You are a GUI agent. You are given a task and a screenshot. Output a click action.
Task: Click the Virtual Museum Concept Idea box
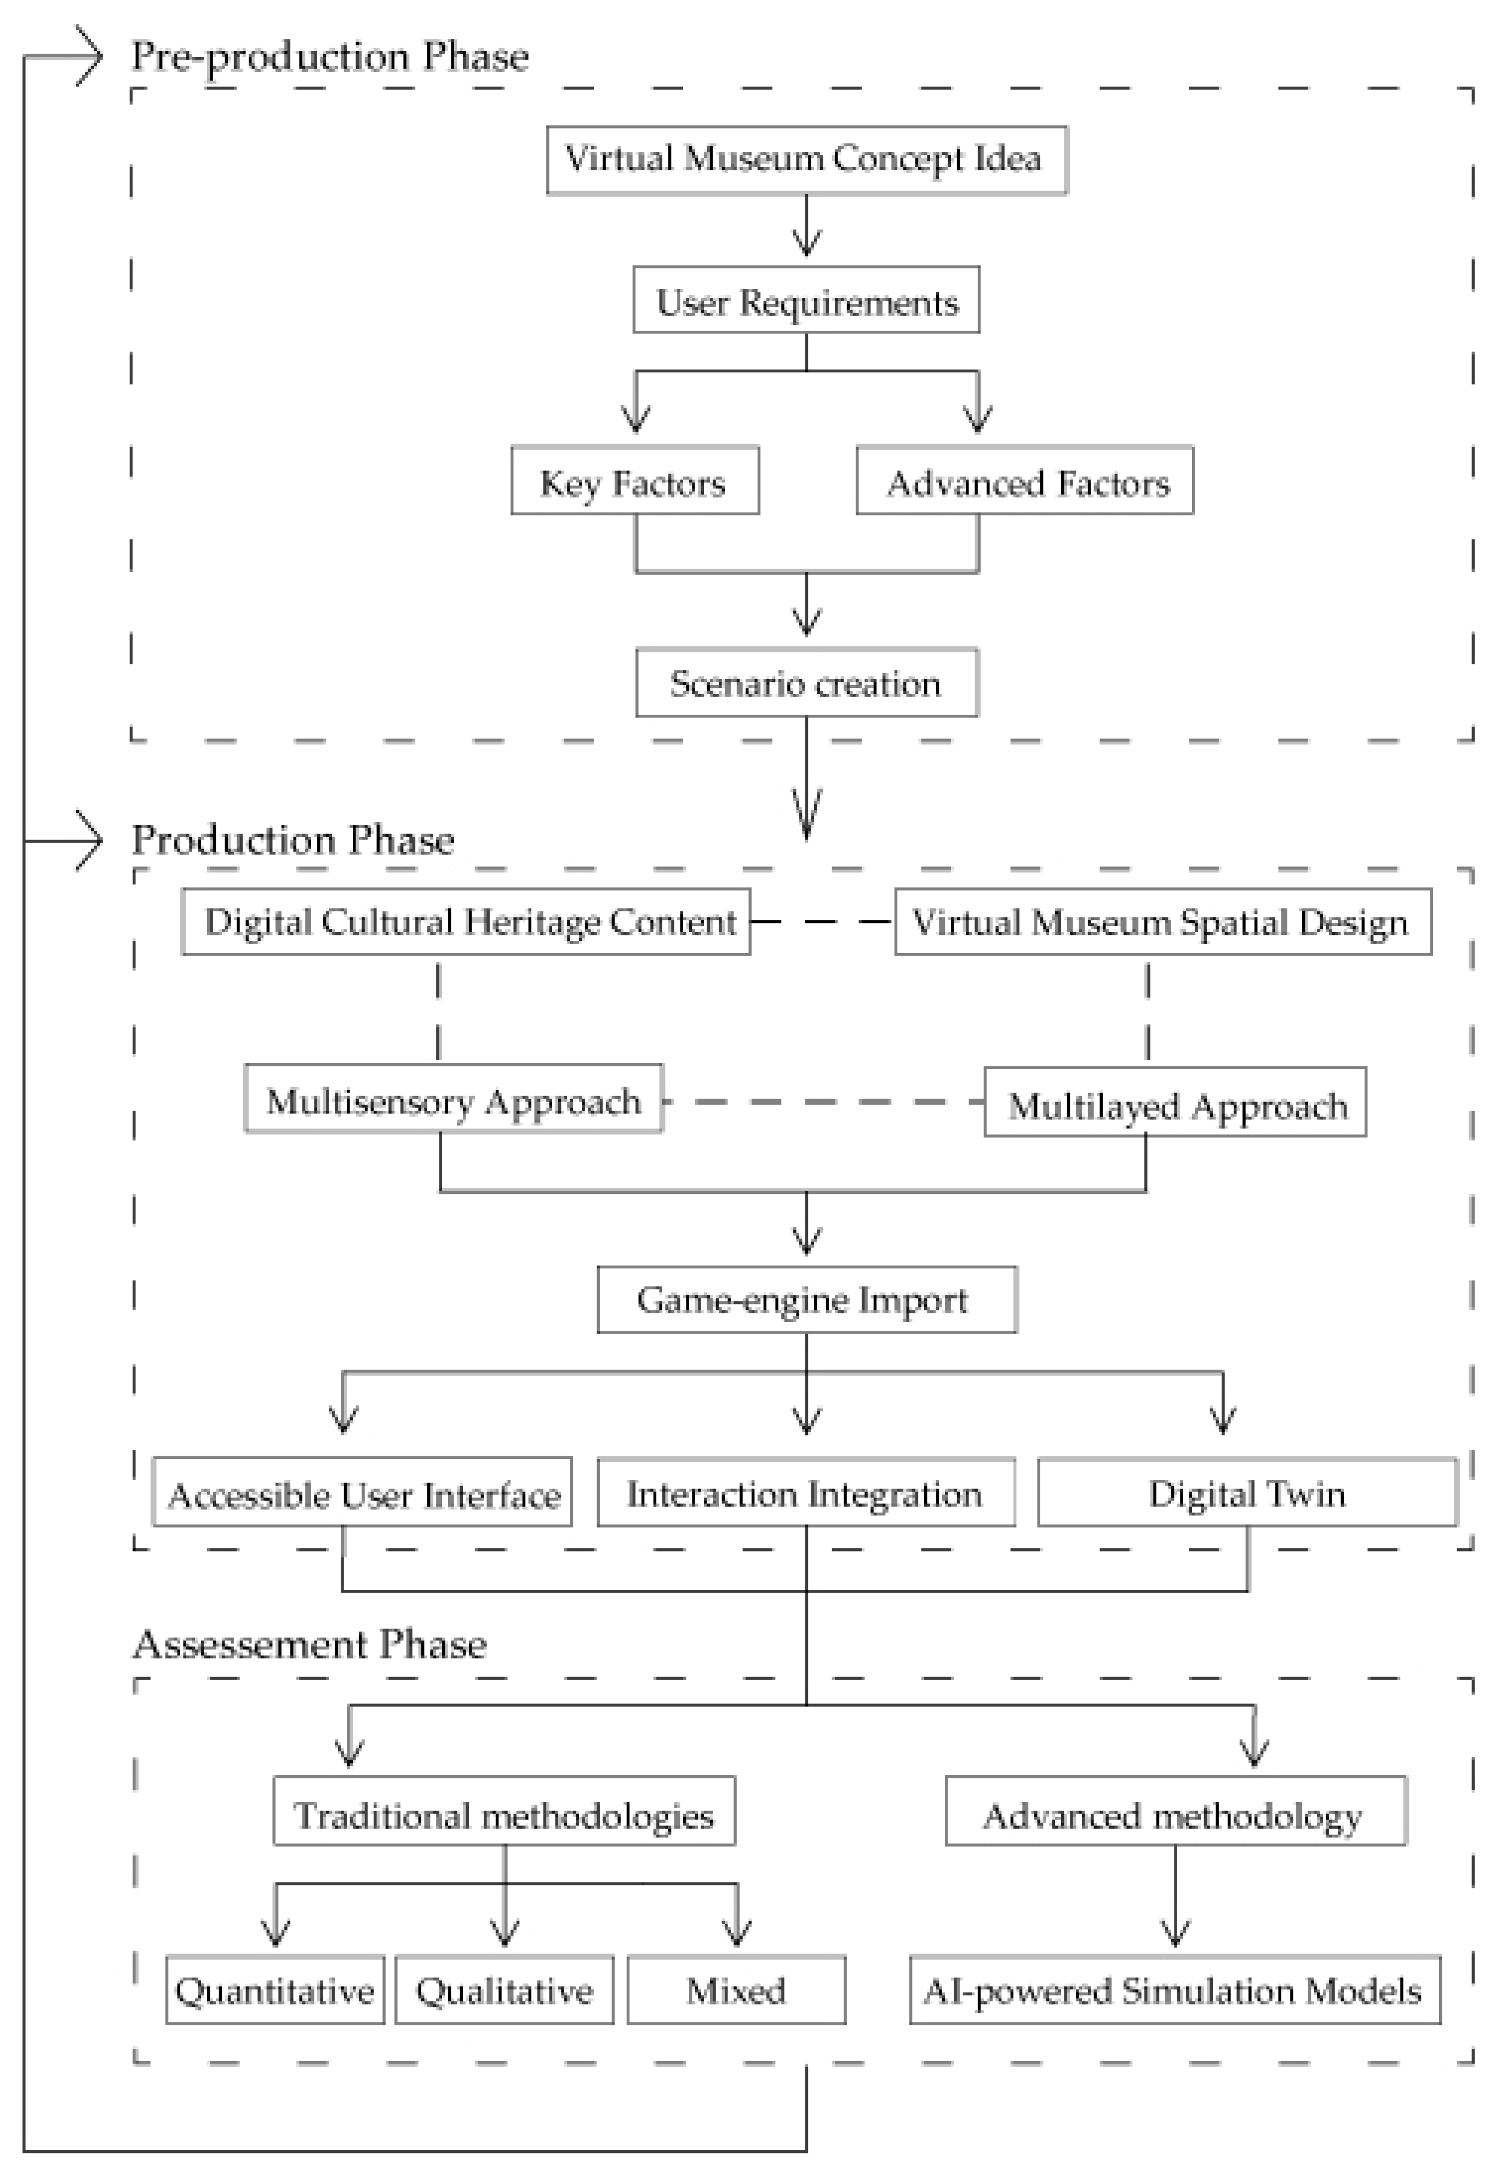click(x=807, y=160)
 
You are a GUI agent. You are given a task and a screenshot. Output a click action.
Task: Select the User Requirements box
click(x=806, y=300)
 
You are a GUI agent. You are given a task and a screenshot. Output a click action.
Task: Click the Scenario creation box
click(x=807, y=682)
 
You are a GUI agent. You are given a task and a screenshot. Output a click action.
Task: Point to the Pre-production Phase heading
click(x=330, y=56)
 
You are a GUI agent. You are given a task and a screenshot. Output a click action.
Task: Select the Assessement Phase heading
click(x=310, y=1644)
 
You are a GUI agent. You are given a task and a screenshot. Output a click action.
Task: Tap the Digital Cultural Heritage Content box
click(x=467, y=921)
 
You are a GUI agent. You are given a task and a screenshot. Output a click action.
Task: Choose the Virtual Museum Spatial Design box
click(x=1164, y=921)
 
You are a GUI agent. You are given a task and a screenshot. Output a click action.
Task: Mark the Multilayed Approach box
click(x=1176, y=1101)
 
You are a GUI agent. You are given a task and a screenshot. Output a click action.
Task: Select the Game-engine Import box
click(x=807, y=1300)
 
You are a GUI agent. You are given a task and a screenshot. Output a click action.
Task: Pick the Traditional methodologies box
click(x=504, y=1811)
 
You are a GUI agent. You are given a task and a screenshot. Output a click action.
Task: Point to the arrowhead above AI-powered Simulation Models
click(x=1174, y=1931)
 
